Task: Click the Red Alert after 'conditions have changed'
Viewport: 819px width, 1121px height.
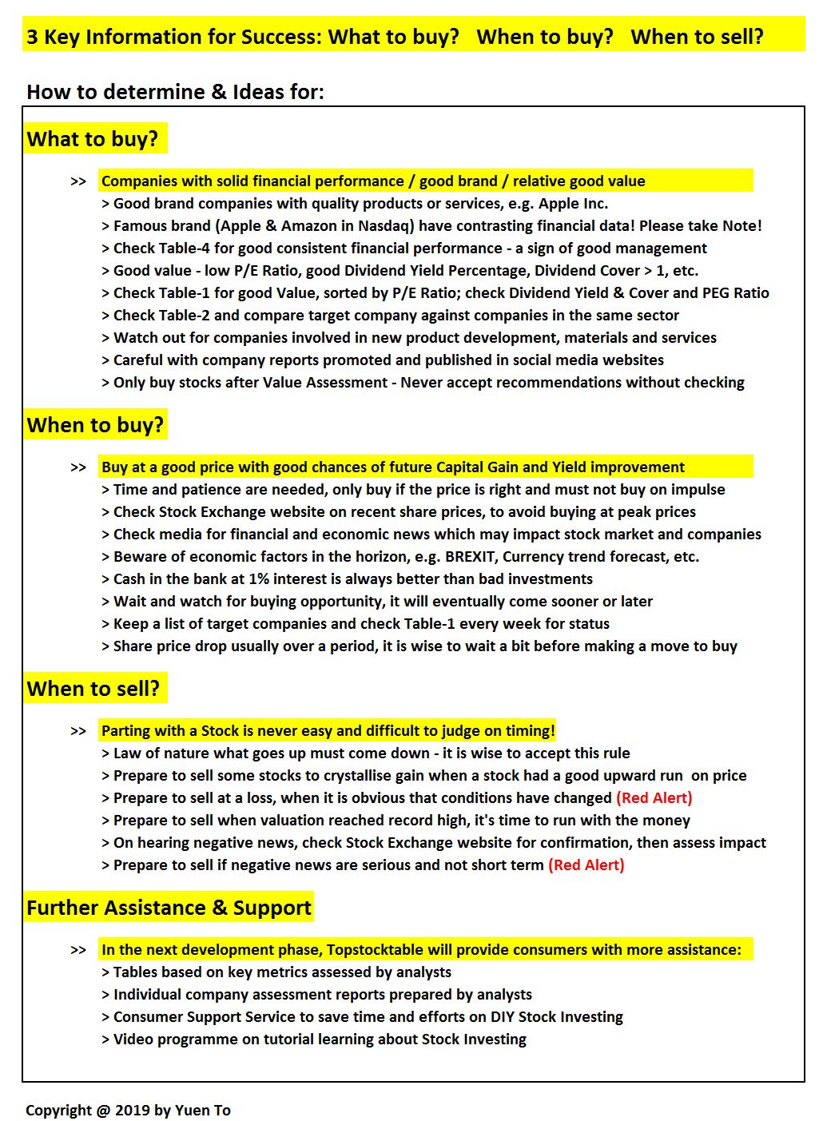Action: click(654, 798)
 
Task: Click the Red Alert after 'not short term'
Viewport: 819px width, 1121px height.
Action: click(586, 865)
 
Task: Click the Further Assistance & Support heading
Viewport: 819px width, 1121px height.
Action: click(169, 908)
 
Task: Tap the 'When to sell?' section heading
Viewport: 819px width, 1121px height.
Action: click(93, 689)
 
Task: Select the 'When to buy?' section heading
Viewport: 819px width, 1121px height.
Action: click(95, 425)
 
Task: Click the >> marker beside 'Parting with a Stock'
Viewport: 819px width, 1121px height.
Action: click(78, 731)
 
